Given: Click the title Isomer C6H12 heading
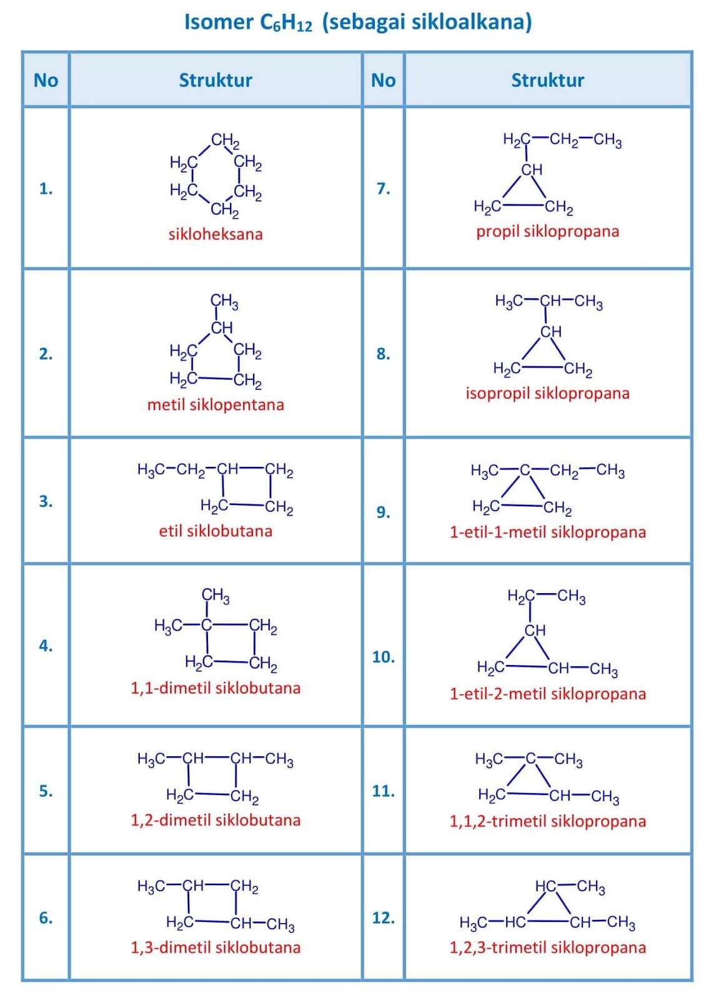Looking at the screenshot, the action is click(358, 22).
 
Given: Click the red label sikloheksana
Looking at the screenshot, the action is click(216, 234).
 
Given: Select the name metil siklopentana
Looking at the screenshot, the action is click(216, 405).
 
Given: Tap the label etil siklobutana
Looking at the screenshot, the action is click(216, 531).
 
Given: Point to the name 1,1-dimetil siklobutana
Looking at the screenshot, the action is click(216, 688).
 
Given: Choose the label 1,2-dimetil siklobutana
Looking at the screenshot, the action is click(216, 820).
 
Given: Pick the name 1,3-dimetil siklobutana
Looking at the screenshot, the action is click(216, 947).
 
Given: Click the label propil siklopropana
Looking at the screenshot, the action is click(547, 231).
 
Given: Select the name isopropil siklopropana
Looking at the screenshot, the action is click(547, 393).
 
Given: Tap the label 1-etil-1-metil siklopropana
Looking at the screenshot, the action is click(547, 532).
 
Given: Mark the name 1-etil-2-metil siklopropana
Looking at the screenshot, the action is click(547, 694).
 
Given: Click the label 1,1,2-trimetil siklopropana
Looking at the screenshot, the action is click(547, 821).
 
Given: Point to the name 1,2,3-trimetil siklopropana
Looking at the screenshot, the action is click(547, 947).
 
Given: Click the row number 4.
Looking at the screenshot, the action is click(46, 646).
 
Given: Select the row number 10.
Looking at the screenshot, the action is click(383, 657).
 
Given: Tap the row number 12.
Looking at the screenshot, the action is click(383, 917).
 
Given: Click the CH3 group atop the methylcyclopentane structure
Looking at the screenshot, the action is click(224, 302).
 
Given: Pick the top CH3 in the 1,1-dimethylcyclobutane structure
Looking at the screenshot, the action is click(216, 596).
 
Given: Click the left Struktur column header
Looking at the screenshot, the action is click(216, 80).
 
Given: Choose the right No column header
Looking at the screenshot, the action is click(383, 80).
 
